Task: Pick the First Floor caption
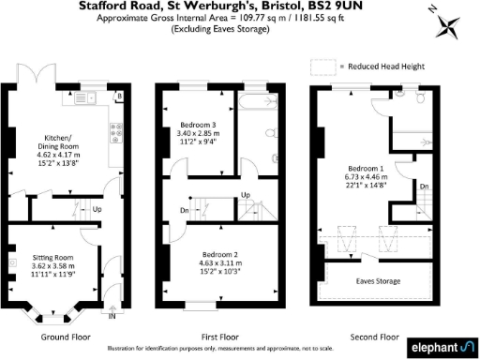[221, 336]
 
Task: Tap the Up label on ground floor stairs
[97, 209]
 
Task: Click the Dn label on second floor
[424, 187]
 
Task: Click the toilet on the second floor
[422, 98]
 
